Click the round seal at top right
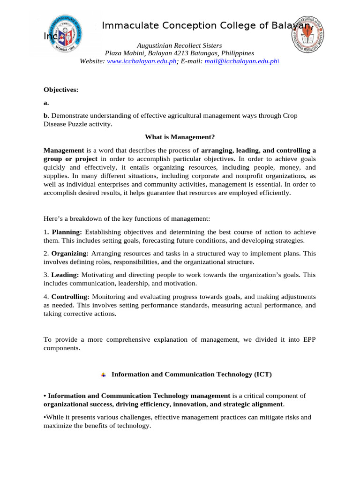(x=307, y=34)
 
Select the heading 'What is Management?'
(x=180, y=137)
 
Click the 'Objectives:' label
(x=61, y=89)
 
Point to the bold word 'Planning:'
(x=67, y=232)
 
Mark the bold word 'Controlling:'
(x=70, y=297)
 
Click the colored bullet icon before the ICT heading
(x=104, y=375)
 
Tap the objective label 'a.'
(x=46, y=102)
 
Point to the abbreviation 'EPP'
(x=308, y=339)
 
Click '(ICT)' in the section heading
(x=263, y=375)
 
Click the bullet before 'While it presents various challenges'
(x=45, y=417)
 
